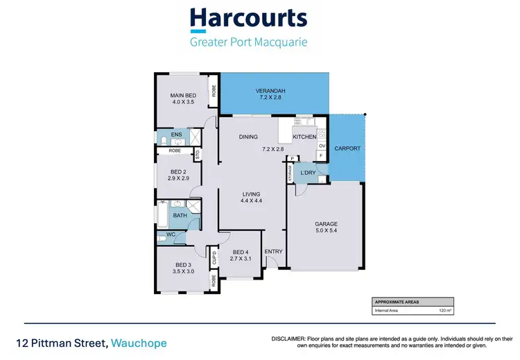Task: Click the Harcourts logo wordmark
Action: pos(249,17)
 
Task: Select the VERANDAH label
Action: pos(270,92)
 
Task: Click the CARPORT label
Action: pos(347,148)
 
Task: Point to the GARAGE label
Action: pos(326,224)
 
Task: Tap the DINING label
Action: pos(248,137)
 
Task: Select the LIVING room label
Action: pos(251,194)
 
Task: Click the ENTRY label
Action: pos(273,252)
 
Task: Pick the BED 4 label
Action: pos(241,252)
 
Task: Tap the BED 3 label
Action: pos(183,266)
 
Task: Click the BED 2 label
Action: pos(178,171)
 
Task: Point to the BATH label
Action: pos(180,216)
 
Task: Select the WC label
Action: pos(170,235)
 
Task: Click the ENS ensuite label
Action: pos(176,134)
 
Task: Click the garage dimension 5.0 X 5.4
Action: pos(326,232)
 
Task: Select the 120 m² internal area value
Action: pos(444,311)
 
